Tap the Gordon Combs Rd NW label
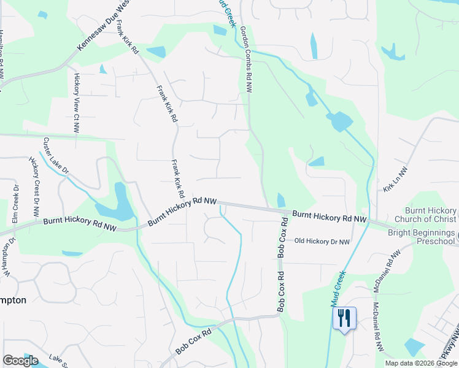[x=246, y=59]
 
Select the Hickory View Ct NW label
[x=77, y=104]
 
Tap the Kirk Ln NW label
[x=395, y=181]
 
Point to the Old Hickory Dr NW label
[x=322, y=242]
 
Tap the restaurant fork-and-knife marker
[x=344, y=318]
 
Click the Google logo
[x=20, y=361]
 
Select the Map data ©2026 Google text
[x=421, y=363]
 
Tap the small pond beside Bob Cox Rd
[x=281, y=200]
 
